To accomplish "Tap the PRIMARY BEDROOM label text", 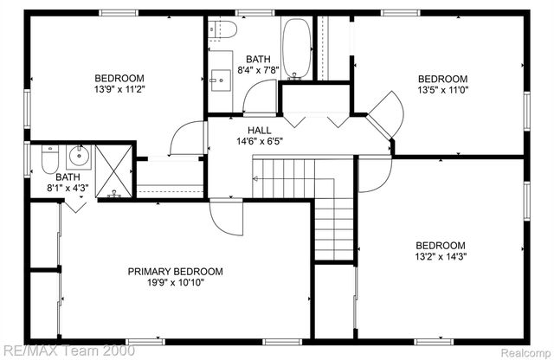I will click(x=175, y=272).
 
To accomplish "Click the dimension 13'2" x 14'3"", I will click(x=441, y=256).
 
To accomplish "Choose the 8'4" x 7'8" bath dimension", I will click(x=257, y=71).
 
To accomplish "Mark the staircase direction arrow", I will click(x=256, y=179).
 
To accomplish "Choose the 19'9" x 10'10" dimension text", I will click(x=175, y=283).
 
